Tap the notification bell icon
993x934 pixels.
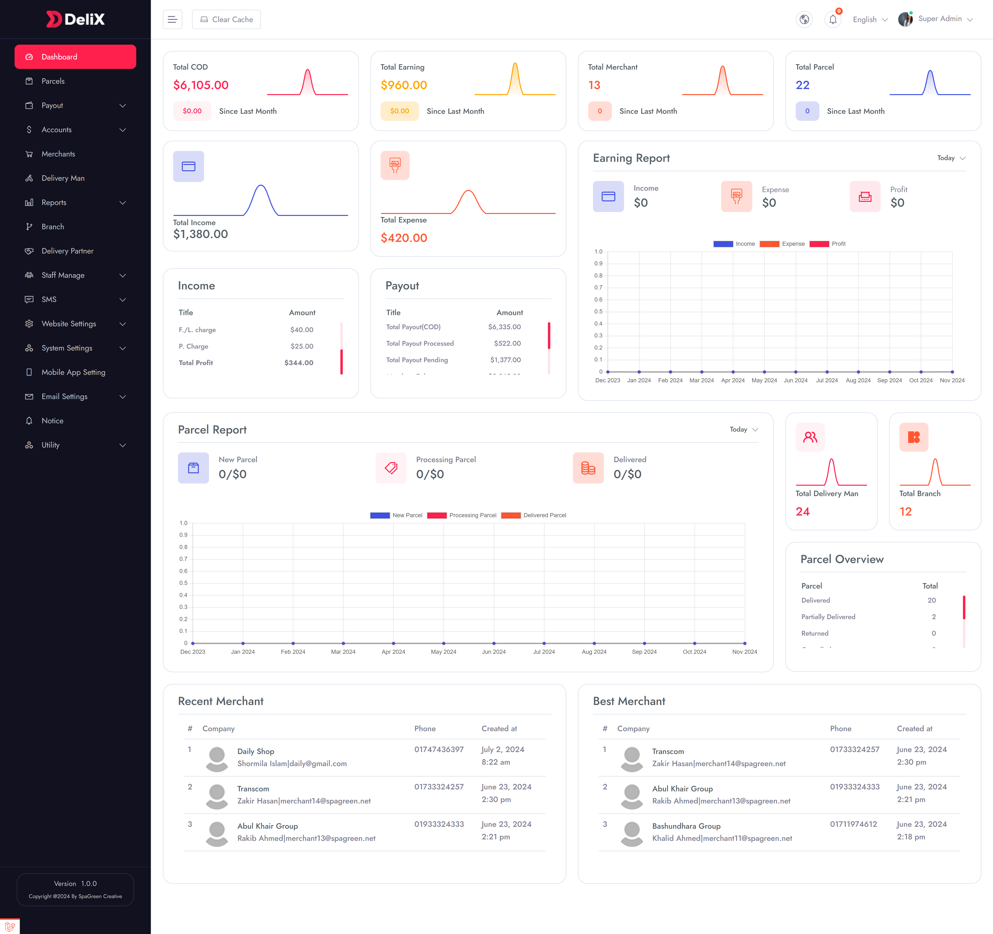833,19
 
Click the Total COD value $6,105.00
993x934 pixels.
201,85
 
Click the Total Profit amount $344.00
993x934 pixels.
299,363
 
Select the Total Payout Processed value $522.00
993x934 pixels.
507,343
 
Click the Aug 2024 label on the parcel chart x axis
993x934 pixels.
594,652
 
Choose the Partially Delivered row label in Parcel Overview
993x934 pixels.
828,617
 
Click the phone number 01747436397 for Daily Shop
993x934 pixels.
439,749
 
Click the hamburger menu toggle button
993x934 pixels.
172,19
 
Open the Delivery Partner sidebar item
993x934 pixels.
67,251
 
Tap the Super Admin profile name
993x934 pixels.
940,19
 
